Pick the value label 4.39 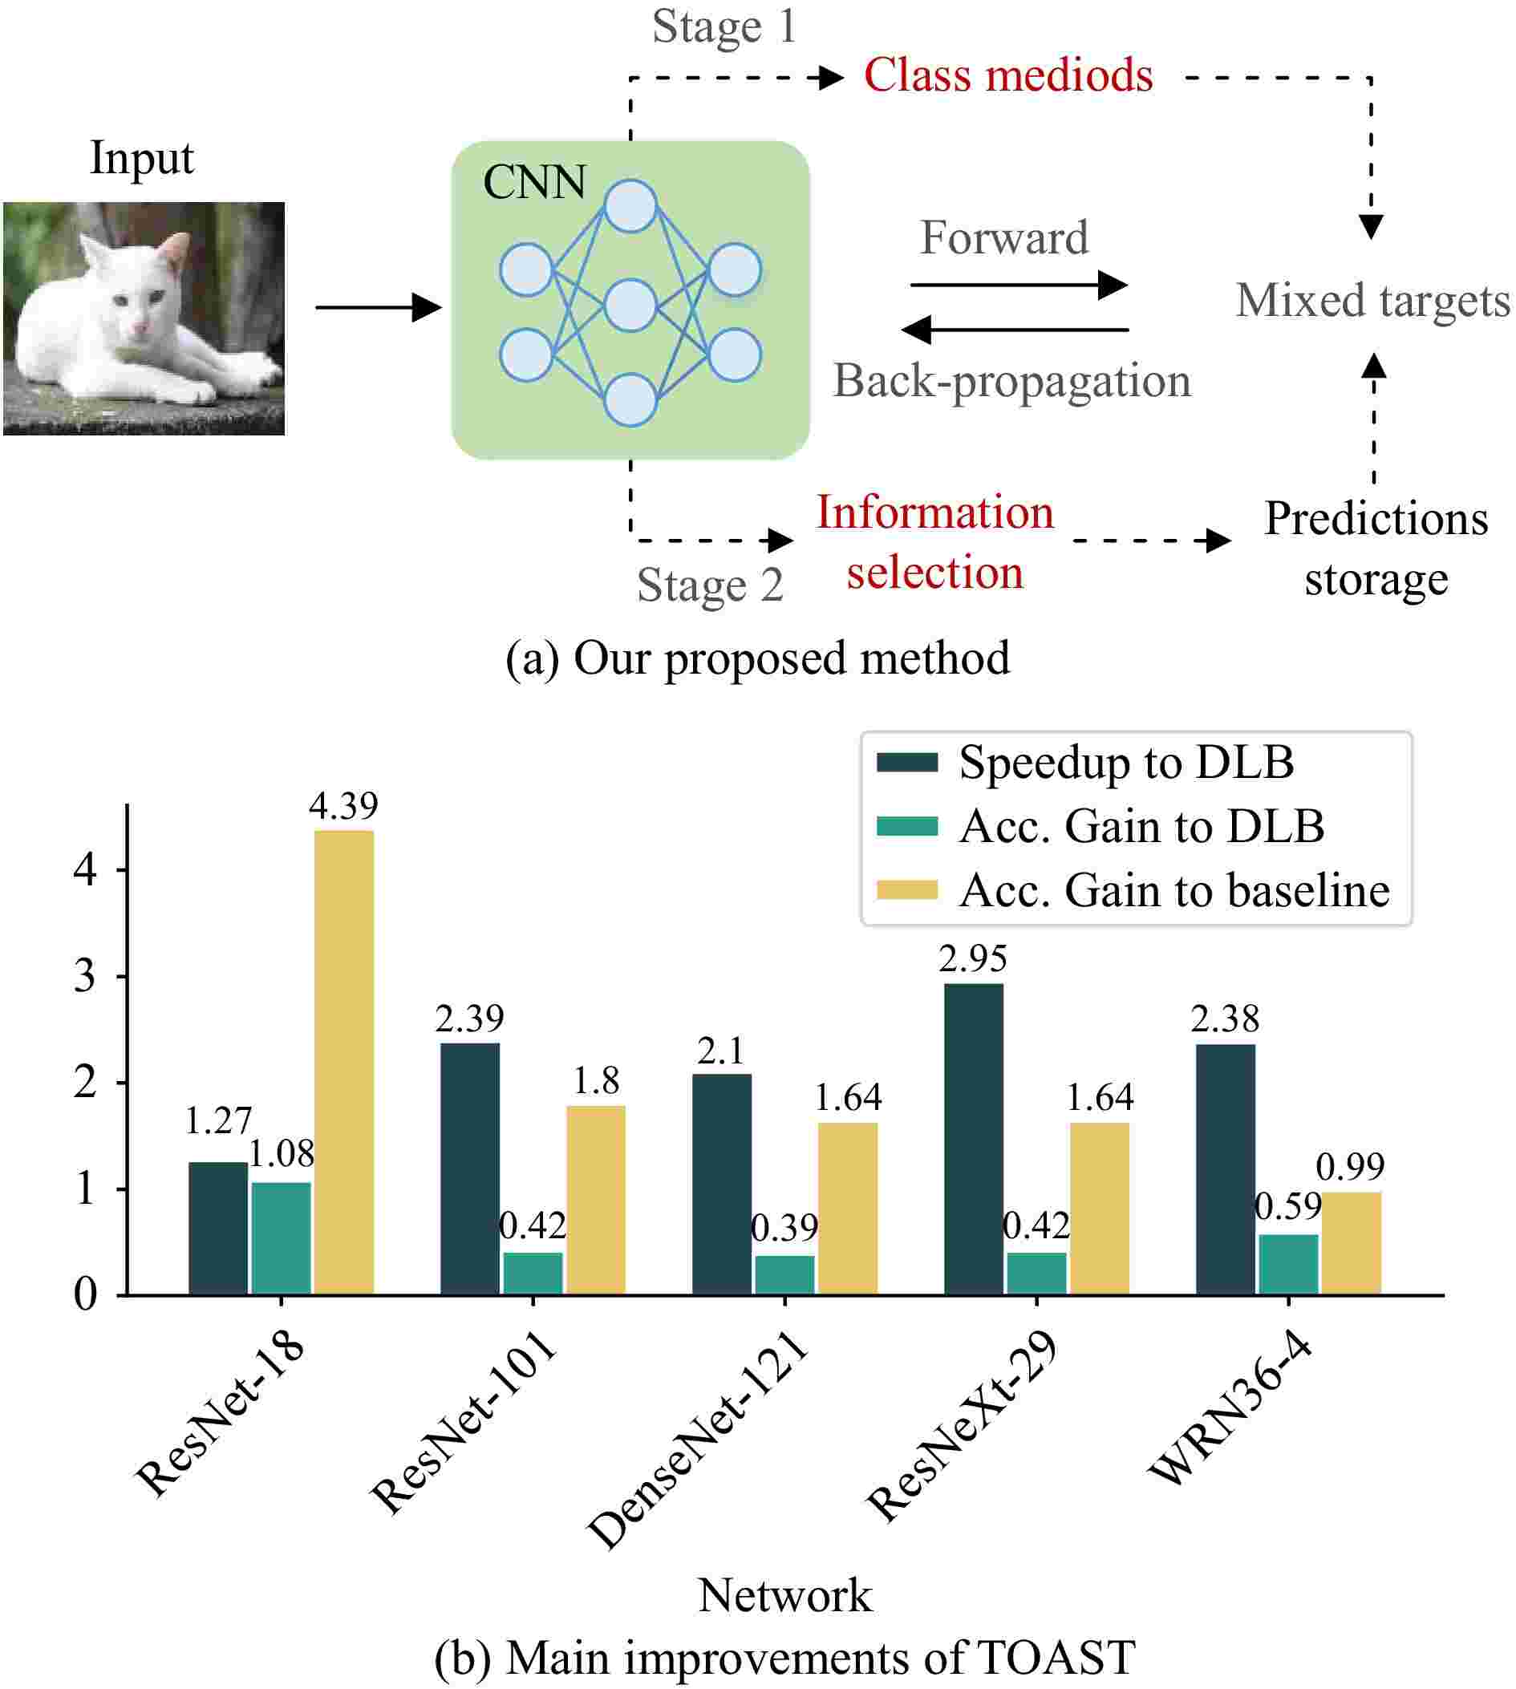343,805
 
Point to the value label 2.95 972,958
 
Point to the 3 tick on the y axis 85,976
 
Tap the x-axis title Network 784,1595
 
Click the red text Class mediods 1008,75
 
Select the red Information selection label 934,542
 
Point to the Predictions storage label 1375,548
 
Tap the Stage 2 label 710,585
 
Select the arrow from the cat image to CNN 377,307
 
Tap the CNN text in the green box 534,182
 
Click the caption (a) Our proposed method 757,658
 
